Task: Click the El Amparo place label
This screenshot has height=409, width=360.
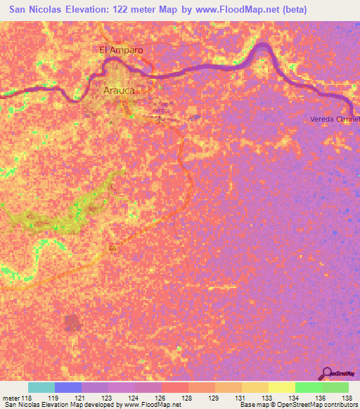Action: pos(121,50)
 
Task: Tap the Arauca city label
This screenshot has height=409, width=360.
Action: pos(118,91)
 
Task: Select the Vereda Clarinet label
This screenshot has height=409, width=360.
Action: pos(335,119)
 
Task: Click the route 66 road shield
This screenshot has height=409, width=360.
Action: pos(112,248)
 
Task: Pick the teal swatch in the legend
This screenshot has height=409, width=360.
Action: pos(41,387)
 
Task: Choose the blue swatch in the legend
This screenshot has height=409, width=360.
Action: pos(68,387)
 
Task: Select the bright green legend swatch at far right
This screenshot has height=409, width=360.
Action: pos(335,387)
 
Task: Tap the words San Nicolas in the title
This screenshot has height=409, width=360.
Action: pos(32,11)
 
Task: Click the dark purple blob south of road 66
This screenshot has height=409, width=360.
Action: pos(72,323)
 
